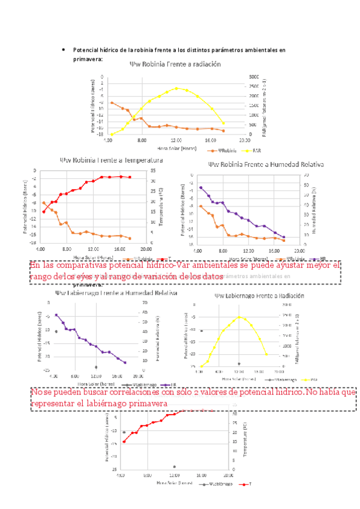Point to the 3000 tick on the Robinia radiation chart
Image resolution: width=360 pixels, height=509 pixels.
click(x=254, y=77)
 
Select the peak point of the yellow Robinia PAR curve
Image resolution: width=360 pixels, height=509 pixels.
click(x=176, y=88)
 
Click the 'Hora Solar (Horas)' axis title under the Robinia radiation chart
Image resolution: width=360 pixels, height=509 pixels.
click(x=176, y=147)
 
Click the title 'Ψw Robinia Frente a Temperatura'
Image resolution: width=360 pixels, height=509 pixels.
click(x=111, y=161)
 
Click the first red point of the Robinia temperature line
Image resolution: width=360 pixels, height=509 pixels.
click(x=44, y=211)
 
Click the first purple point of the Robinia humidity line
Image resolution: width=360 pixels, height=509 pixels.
click(x=200, y=187)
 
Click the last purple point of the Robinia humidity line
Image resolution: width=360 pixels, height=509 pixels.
click(x=283, y=237)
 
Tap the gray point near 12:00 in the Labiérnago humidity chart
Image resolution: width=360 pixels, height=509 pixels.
click(x=95, y=367)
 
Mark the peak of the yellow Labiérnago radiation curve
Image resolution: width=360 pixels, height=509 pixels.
click(x=239, y=316)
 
